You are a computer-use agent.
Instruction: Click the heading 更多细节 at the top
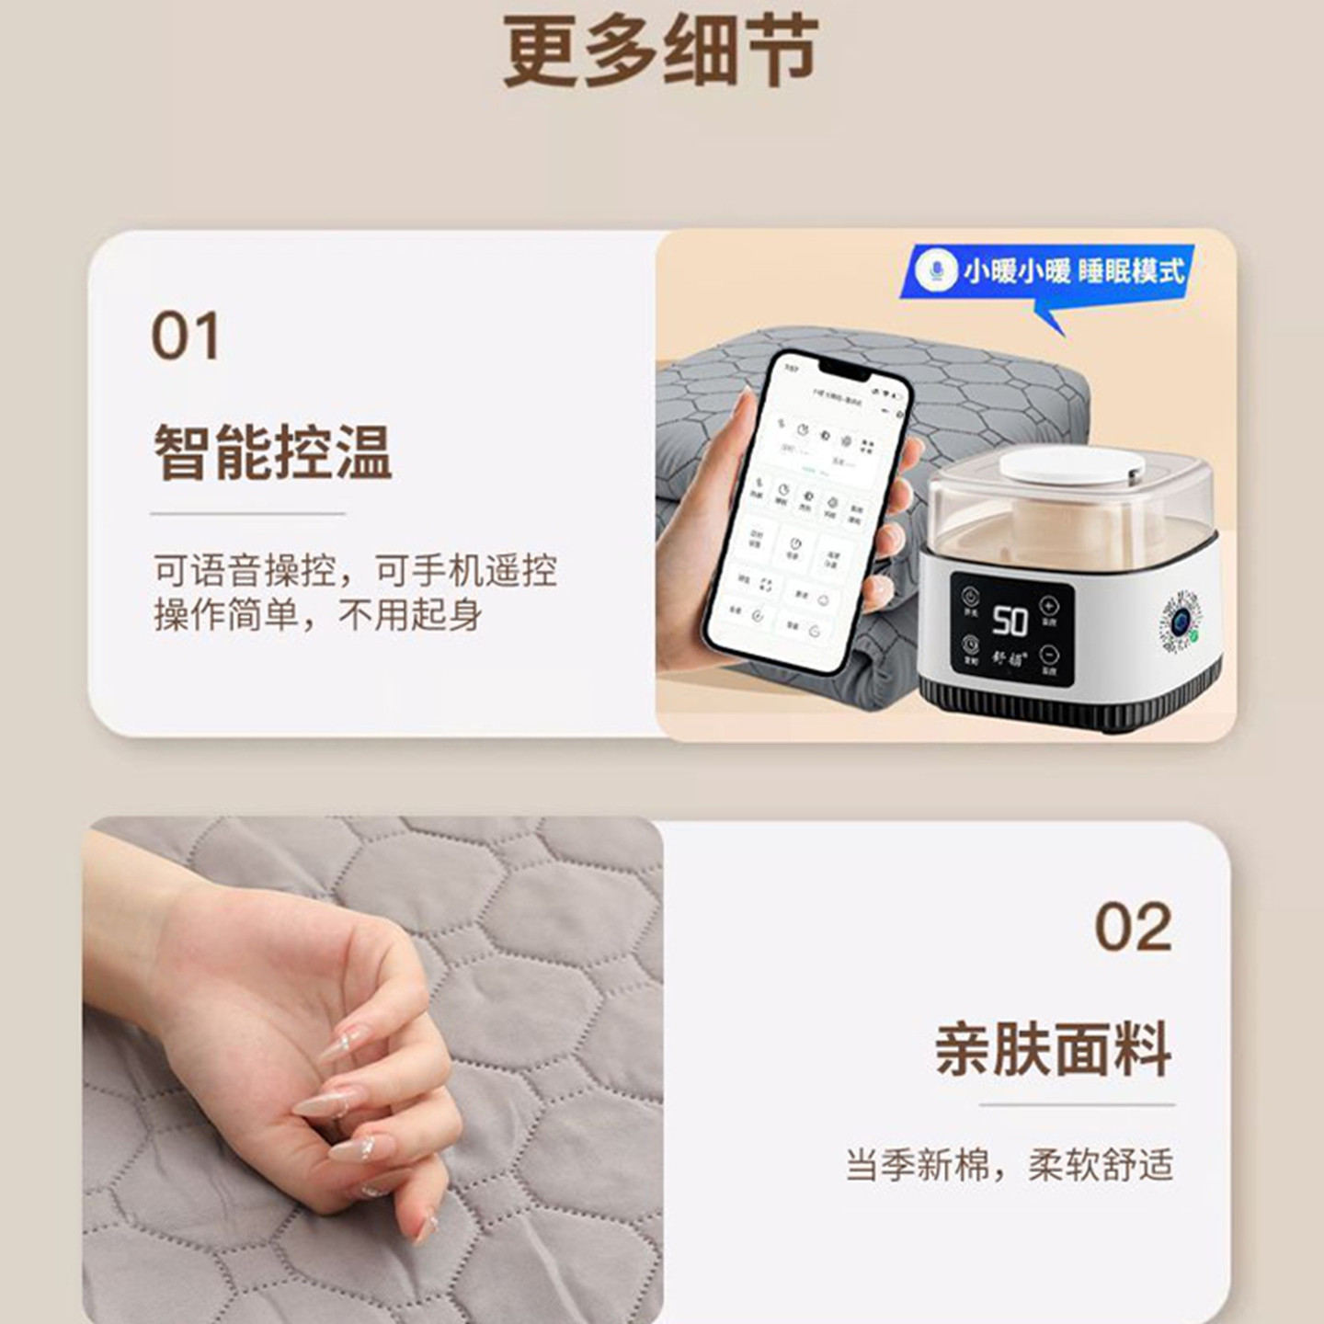(x=660, y=52)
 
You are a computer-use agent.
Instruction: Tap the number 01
(x=185, y=337)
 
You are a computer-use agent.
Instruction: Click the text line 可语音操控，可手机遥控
(x=355, y=571)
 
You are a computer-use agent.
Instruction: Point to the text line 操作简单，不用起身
(x=317, y=614)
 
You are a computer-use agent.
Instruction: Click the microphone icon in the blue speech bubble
(x=937, y=271)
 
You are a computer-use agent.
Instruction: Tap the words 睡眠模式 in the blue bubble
(x=1131, y=270)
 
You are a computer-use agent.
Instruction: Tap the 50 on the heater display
(x=1010, y=622)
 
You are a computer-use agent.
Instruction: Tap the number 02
(x=1133, y=927)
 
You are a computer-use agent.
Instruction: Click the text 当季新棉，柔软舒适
(x=1010, y=1165)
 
